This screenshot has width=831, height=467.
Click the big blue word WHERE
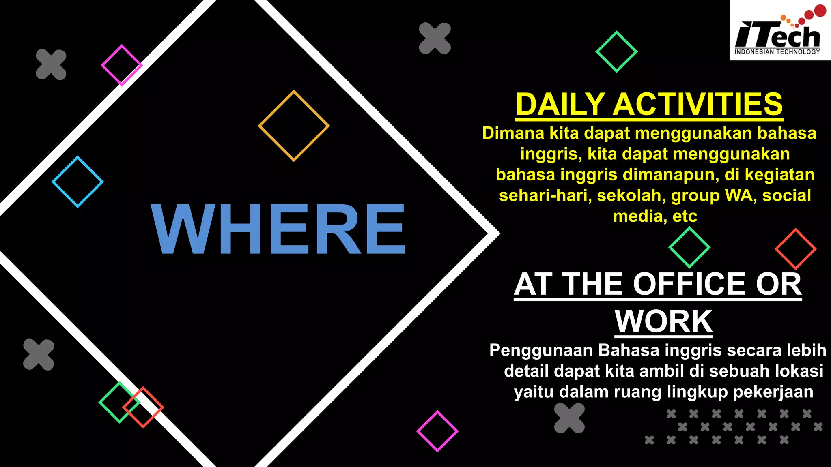[x=278, y=229]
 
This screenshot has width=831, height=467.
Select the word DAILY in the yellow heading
[x=560, y=105]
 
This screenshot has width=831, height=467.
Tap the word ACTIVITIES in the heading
[x=698, y=105]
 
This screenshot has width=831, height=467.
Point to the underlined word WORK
[x=663, y=321]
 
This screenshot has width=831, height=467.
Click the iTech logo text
[x=777, y=36]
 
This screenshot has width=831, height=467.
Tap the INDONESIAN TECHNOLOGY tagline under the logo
[x=777, y=52]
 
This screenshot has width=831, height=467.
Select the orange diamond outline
[x=294, y=126]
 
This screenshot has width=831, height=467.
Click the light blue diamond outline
[x=78, y=182]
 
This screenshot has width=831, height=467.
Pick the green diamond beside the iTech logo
[x=616, y=52]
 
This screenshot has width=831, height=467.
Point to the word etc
[x=685, y=216]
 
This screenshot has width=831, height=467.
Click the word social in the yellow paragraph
[x=787, y=196]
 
